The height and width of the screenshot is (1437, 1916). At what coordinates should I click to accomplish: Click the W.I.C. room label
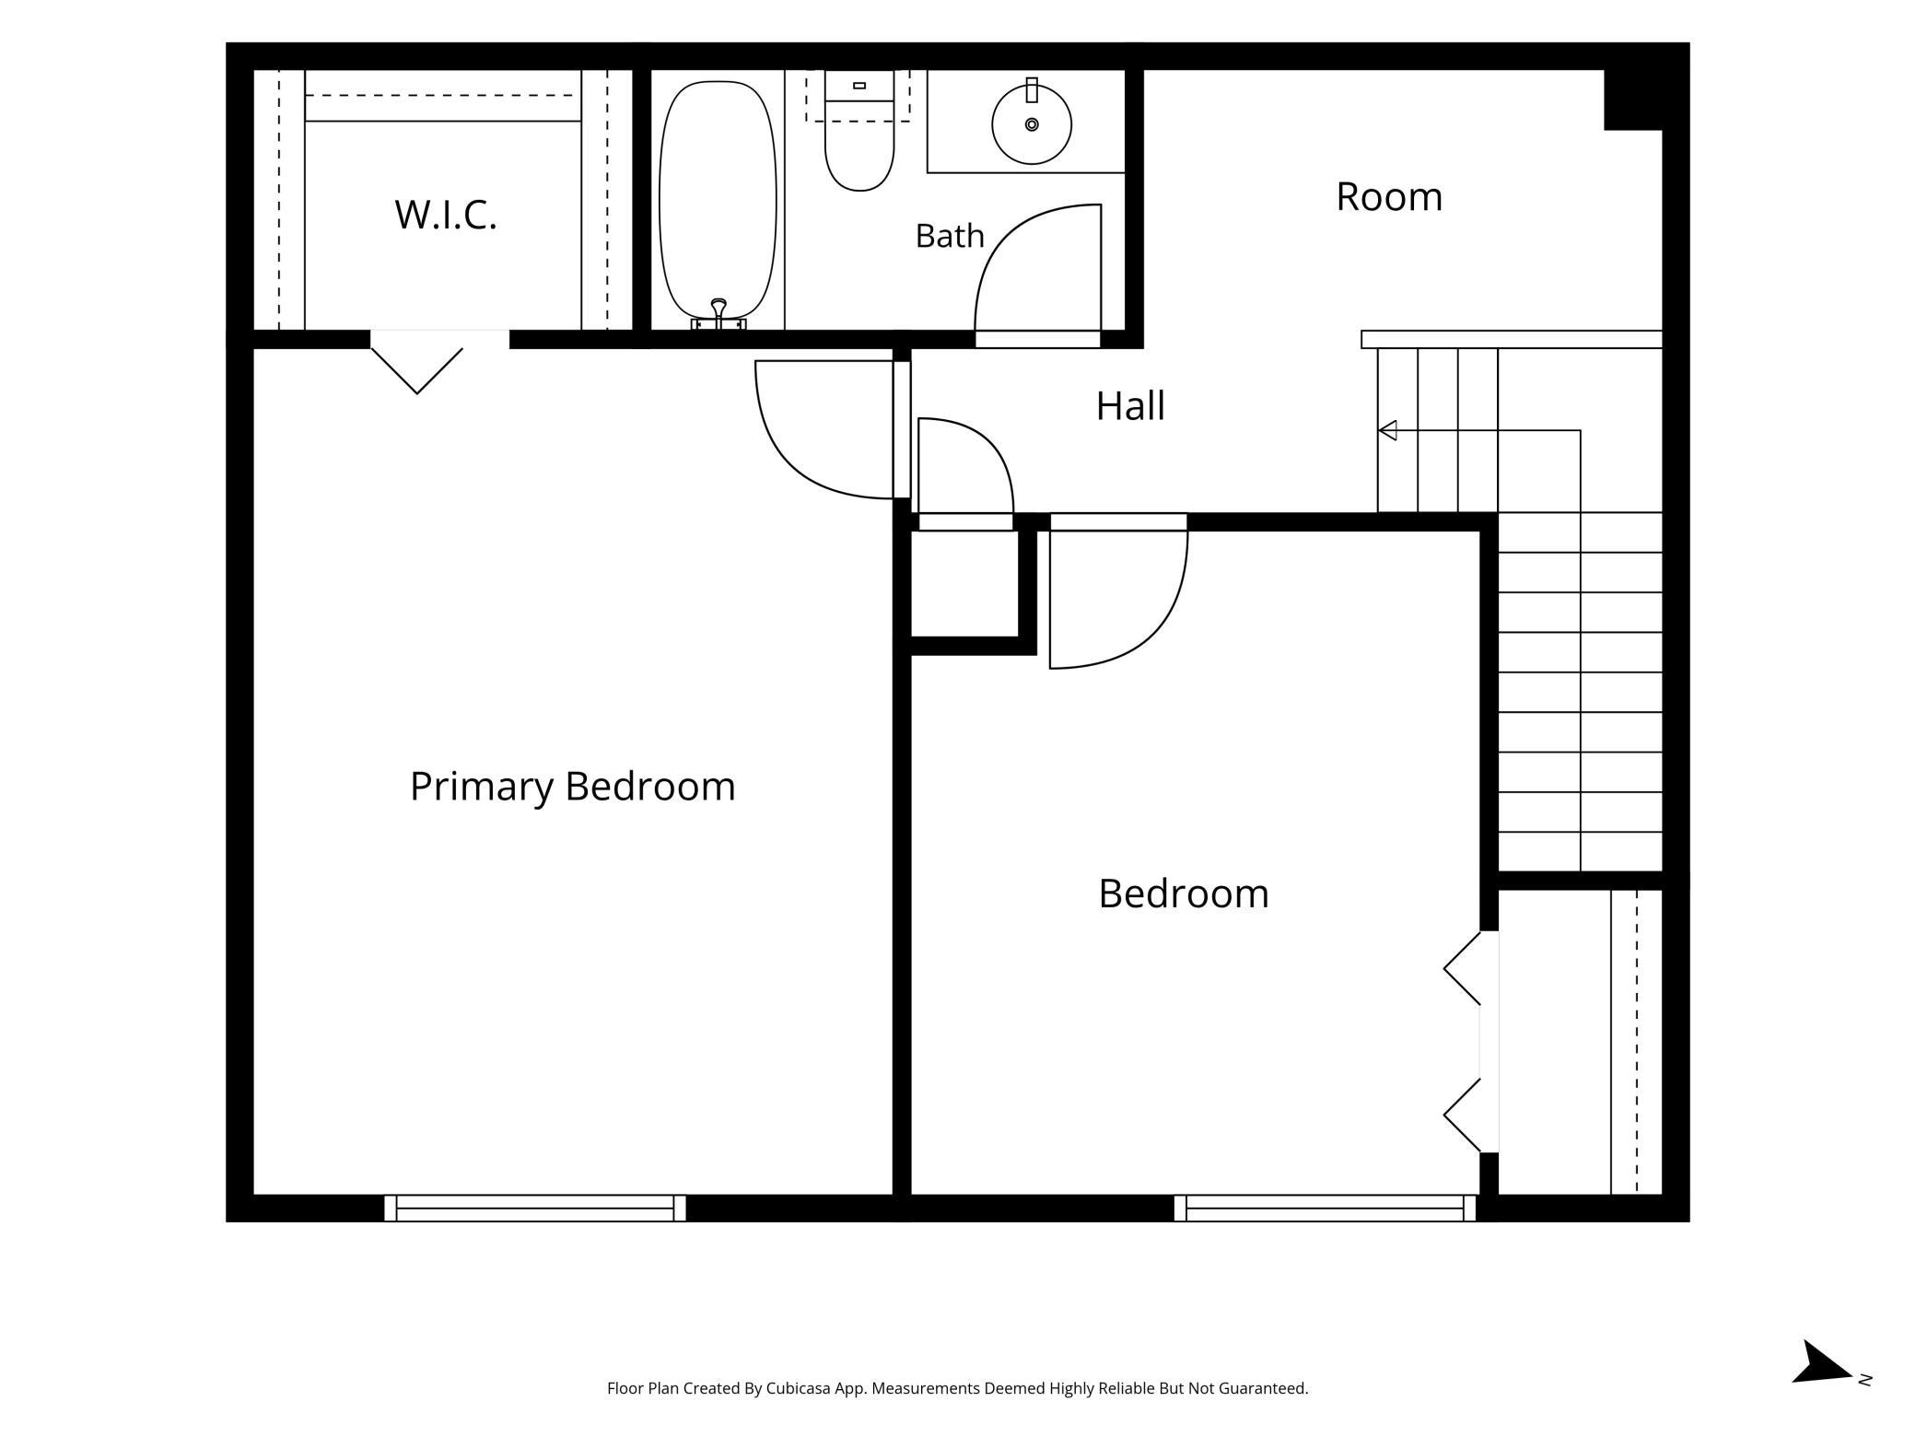click(x=446, y=215)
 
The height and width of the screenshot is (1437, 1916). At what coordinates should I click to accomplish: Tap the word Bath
click(x=950, y=236)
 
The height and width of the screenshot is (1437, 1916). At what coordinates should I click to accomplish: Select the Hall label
click(x=1130, y=405)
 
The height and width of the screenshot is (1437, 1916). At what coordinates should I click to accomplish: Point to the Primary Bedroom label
click(x=572, y=787)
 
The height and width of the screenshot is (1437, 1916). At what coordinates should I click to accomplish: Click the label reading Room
click(x=1389, y=196)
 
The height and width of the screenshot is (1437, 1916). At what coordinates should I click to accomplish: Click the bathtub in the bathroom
click(x=718, y=200)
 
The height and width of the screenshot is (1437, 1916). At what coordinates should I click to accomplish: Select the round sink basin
click(x=1032, y=124)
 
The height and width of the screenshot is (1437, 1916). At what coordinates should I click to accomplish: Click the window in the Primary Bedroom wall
click(x=535, y=1208)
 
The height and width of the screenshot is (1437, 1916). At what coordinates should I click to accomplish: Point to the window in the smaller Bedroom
click(x=1325, y=1208)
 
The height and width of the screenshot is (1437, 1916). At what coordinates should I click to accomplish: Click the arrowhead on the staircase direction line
click(x=1387, y=430)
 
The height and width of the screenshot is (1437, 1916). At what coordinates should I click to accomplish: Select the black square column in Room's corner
click(x=1633, y=99)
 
